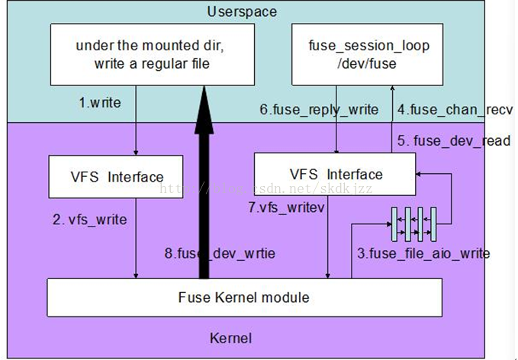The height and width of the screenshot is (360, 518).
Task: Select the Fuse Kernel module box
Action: pos(244,297)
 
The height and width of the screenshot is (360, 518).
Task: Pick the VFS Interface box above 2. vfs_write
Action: pos(116,177)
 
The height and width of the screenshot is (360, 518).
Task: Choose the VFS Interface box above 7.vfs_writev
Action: pos(334,174)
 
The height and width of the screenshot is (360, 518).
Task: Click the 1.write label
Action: pos(100,101)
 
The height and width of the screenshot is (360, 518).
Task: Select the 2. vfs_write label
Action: pos(90,220)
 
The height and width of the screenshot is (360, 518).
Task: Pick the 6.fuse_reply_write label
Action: pos(319,110)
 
